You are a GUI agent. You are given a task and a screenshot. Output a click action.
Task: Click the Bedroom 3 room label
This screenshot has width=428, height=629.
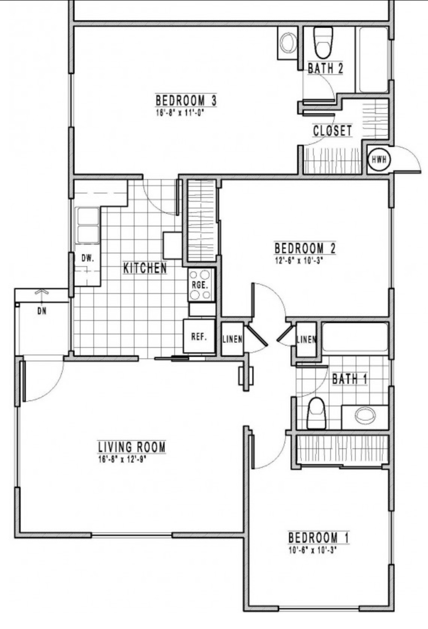tap(186, 100)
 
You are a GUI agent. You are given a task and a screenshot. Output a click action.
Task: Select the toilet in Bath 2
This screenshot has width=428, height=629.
tap(323, 42)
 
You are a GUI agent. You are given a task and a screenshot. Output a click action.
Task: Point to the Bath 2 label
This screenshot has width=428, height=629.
tap(325, 68)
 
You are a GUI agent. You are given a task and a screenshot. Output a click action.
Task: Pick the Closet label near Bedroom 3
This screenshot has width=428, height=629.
tap(332, 130)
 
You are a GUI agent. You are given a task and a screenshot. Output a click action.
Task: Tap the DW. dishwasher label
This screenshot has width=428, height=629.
tap(88, 258)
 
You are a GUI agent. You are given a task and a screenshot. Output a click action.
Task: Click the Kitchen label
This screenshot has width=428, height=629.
tap(145, 268)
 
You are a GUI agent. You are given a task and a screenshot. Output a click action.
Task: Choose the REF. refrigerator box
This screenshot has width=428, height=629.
tap(199, 336)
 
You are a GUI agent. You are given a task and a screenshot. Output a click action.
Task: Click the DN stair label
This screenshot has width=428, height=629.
tap(42, 311)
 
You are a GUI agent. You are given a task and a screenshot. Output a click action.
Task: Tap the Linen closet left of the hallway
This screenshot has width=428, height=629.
tap(232, 339)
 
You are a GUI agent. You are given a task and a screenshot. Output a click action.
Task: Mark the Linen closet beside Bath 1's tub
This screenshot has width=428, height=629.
tap(307, 340)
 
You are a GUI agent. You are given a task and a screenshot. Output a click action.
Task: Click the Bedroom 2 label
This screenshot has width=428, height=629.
tap(305, 249)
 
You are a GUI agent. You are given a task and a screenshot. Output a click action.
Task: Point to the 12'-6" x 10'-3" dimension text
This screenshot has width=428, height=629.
tap(298, 261)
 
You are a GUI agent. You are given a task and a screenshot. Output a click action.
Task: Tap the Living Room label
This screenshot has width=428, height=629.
tap(132, 447)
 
